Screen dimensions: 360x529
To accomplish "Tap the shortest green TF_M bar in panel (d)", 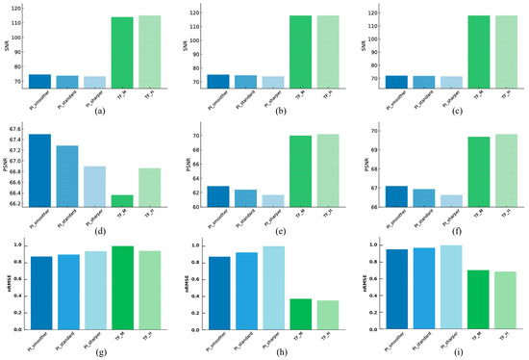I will pos(121,200).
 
